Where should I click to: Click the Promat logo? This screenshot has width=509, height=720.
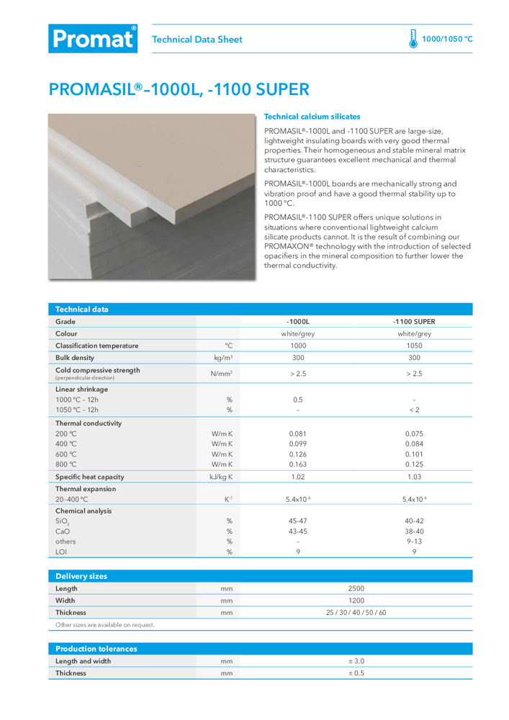(92, 39)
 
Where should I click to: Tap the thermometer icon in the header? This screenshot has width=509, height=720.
(413, 39)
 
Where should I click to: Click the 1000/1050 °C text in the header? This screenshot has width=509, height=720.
(447, 40)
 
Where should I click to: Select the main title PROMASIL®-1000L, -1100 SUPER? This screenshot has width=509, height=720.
(179, 90)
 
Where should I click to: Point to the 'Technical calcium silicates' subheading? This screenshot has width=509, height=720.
(312, 117)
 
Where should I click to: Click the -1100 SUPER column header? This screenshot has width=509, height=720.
(414, 322)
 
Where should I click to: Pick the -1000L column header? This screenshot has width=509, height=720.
(298, 322)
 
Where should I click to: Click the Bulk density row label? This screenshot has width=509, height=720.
(75, 357)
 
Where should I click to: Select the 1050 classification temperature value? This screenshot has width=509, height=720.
(414, 346)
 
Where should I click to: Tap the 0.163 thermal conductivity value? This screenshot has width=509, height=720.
(297, 465)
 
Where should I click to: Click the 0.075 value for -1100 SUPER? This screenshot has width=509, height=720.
(414, 434)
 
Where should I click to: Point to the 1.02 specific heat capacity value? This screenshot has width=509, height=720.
(297, 477)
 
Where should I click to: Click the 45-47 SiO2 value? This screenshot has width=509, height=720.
(297, 521)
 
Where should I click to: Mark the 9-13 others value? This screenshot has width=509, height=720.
(414, 541)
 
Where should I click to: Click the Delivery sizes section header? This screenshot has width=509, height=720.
(81, 576)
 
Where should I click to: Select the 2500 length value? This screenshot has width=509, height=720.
(356, 588)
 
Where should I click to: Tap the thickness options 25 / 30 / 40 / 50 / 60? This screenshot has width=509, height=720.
(356, 613)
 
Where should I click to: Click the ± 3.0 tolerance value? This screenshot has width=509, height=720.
(356, 661)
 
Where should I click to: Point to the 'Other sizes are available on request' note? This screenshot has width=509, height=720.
(105, 625)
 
